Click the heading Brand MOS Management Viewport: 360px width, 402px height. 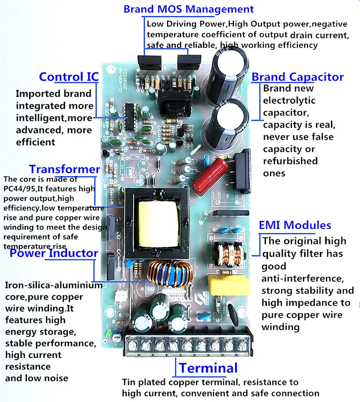[x=189, y=9]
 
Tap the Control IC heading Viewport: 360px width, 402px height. [x=68, y=77]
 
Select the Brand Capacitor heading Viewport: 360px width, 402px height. [x=297, y=77]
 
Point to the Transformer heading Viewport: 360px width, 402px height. [x=64, y=170]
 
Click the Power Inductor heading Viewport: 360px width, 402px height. [x=54, y=253]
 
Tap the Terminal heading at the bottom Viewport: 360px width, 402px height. [x=208, y=368]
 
